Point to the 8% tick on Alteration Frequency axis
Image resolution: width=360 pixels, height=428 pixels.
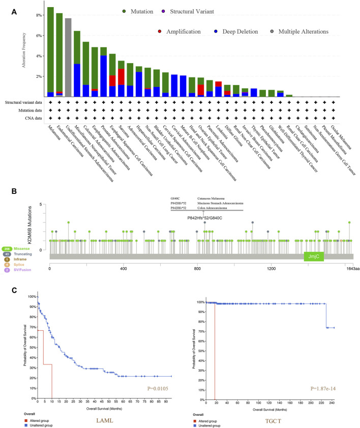pyautogui.click(x=37, y=15)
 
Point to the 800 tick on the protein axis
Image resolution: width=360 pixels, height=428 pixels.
pyautogui.click(x=197, y=267)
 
